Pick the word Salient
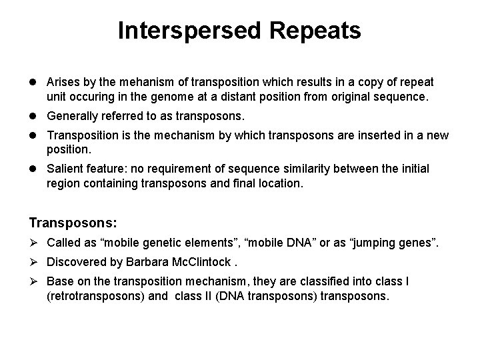63,169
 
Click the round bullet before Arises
33,83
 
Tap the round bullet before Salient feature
33,169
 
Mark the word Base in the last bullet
59,281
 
